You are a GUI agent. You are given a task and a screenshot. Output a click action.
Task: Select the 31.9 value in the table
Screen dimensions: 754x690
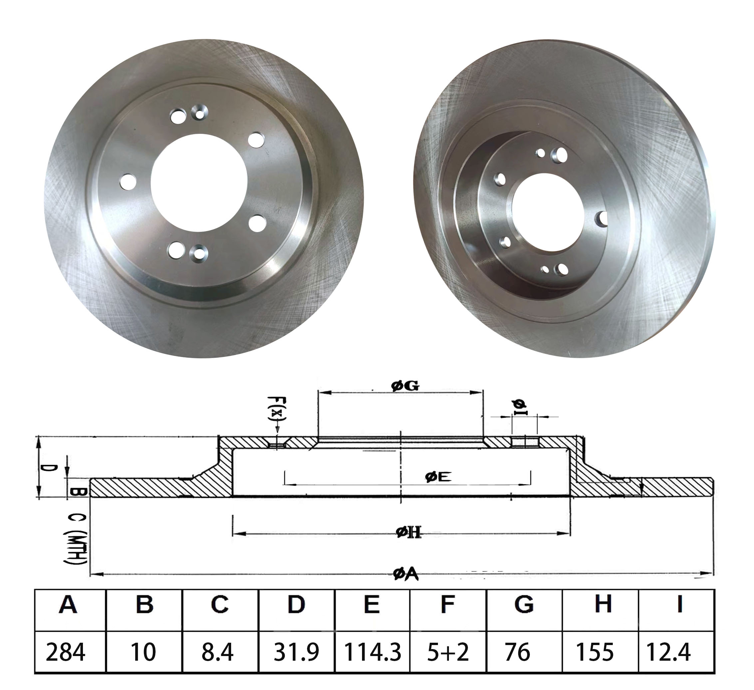coord(296,652)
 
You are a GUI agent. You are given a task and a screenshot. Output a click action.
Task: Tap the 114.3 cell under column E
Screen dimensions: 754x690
coord(372,652)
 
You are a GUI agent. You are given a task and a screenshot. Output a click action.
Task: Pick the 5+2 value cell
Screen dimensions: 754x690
coord(448,652)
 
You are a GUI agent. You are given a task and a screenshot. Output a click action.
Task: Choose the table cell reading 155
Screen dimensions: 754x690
coord(599,652)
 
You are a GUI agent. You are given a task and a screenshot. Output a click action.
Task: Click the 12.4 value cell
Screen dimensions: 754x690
coord(676,652)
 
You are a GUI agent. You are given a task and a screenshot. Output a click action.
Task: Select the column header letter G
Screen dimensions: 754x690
coord(524,604)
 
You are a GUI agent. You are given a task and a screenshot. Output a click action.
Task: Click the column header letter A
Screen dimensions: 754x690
coord(68,604)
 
